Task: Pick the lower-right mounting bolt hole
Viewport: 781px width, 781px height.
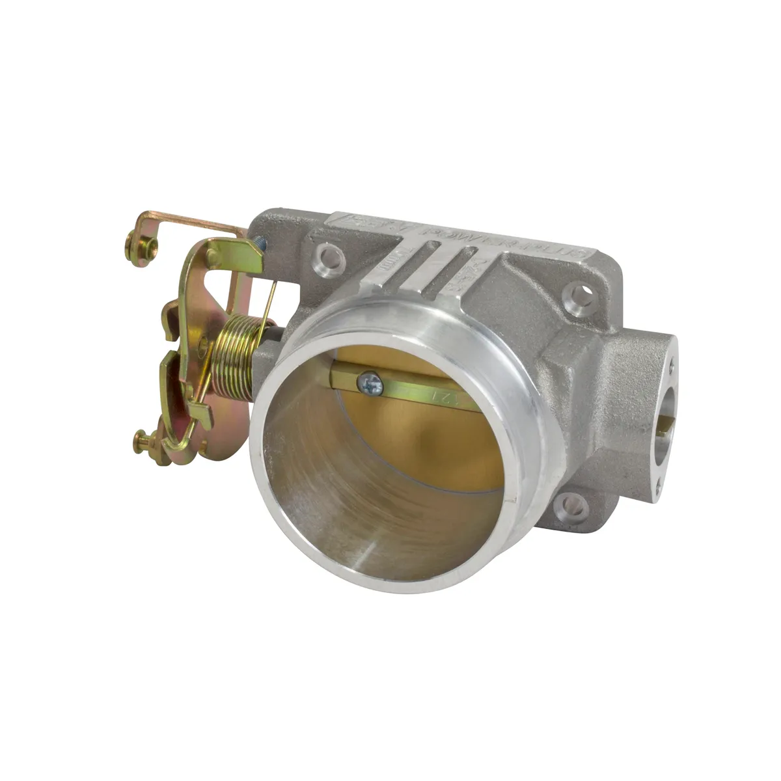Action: (x=572, y=503)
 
